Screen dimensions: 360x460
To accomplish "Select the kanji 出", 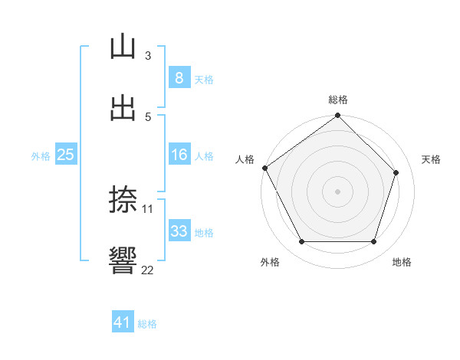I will [123, 108].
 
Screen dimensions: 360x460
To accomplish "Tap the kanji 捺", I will [123, 200].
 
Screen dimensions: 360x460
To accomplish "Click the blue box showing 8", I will [179, 77].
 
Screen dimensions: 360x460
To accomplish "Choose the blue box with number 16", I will [179, 155].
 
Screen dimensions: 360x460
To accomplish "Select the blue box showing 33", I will [179, 231].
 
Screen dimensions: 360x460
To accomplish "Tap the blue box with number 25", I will [65, 155].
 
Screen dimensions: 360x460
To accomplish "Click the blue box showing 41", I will [123, 322].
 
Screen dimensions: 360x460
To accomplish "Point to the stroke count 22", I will [148, 270].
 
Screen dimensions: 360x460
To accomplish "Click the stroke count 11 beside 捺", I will [148, 208].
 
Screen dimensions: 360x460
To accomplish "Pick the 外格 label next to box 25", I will [41, 155].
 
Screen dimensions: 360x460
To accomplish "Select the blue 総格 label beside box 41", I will [147, 324].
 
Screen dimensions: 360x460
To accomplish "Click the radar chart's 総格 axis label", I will [338, 100].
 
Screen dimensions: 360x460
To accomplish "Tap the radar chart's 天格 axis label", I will [431, 159].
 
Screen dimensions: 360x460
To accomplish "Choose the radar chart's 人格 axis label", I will [245, 159].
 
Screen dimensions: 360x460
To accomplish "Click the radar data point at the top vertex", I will [338, 116].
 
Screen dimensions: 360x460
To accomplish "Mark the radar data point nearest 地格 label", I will [373, 242].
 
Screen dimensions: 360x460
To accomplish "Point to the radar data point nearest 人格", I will [264, 168].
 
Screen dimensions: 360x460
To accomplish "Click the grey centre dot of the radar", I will [338, 191].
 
